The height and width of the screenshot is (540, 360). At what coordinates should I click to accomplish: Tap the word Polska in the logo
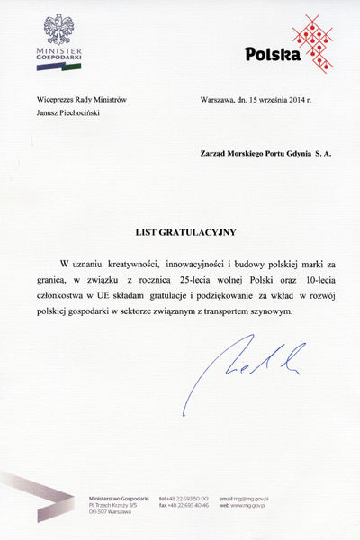pyautogui.click(x=274, y=55)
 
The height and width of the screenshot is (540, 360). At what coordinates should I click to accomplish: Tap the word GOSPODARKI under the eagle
pyautogui.click(x=59, y=60)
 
